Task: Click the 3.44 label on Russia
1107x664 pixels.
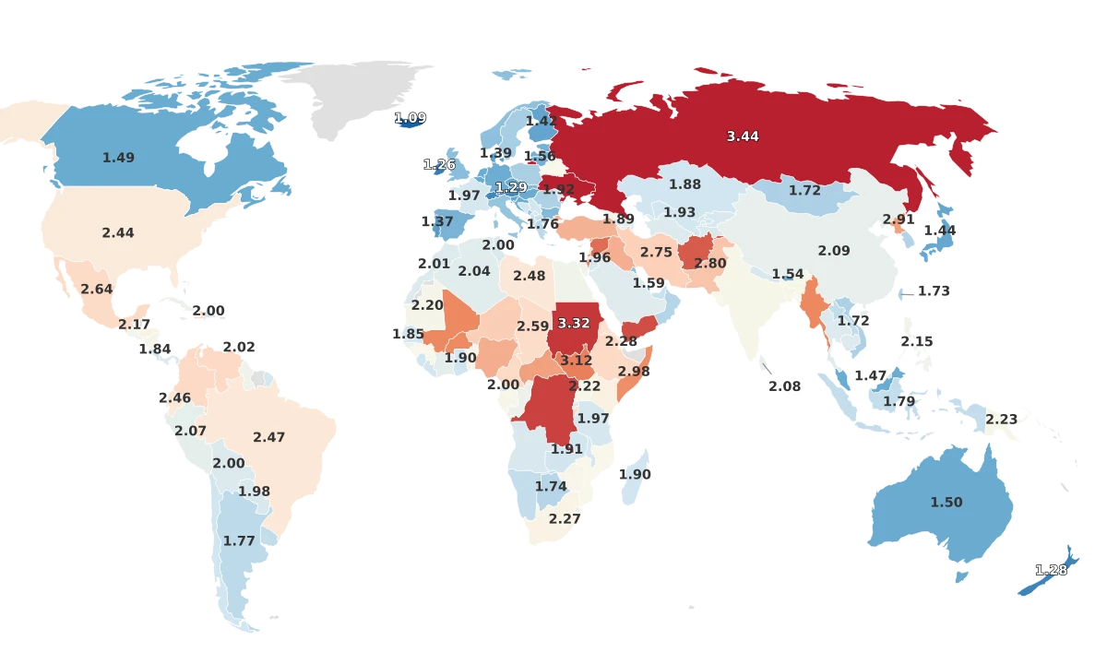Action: [743, 136]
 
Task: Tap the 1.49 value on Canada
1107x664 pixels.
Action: [118, 158]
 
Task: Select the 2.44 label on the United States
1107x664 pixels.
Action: [118, 233]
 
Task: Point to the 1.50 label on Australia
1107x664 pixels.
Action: [946, 503]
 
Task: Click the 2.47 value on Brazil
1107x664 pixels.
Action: [268, 437]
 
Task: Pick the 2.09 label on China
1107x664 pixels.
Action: [834, 251]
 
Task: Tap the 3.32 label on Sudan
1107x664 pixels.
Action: [574, 324]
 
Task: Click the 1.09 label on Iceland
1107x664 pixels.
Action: [410, 118]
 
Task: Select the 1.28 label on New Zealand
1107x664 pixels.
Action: [1051, 570]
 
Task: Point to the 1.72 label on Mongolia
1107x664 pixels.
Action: [804, 191]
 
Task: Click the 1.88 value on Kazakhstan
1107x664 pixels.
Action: [684, 184]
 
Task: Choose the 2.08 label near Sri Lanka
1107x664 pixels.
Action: [784, 386]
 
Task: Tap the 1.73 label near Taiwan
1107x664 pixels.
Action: [934, 291]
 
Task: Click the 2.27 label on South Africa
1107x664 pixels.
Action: [565, 519]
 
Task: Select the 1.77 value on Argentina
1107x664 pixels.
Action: [238, 541]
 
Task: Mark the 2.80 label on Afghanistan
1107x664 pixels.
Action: [710, 264]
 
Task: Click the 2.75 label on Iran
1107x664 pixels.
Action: [656, 253]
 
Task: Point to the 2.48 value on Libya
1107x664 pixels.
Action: [530, 276]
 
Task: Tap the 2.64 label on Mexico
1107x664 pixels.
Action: [96, 290]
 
